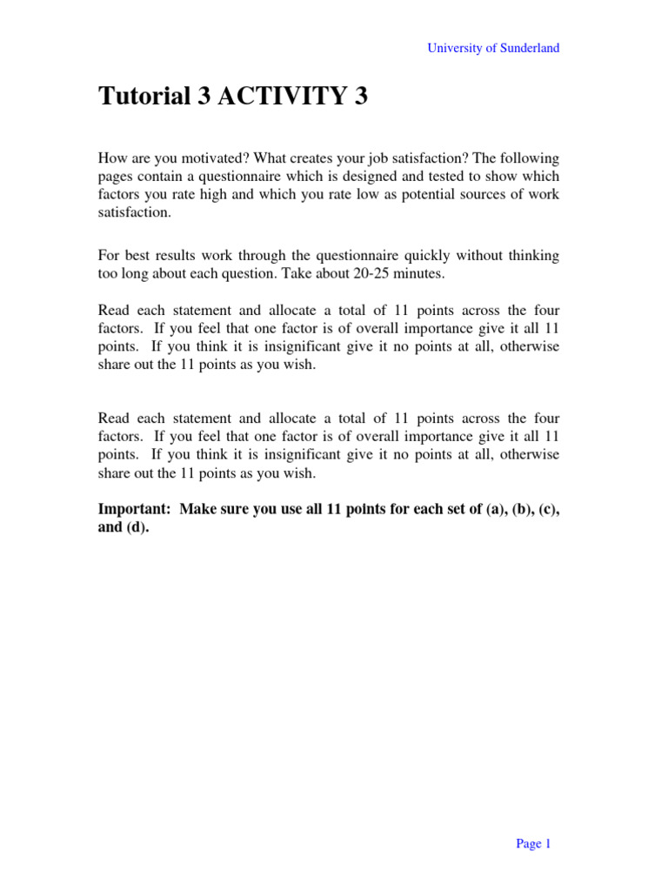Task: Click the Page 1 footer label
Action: click(x=533, y=843)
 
